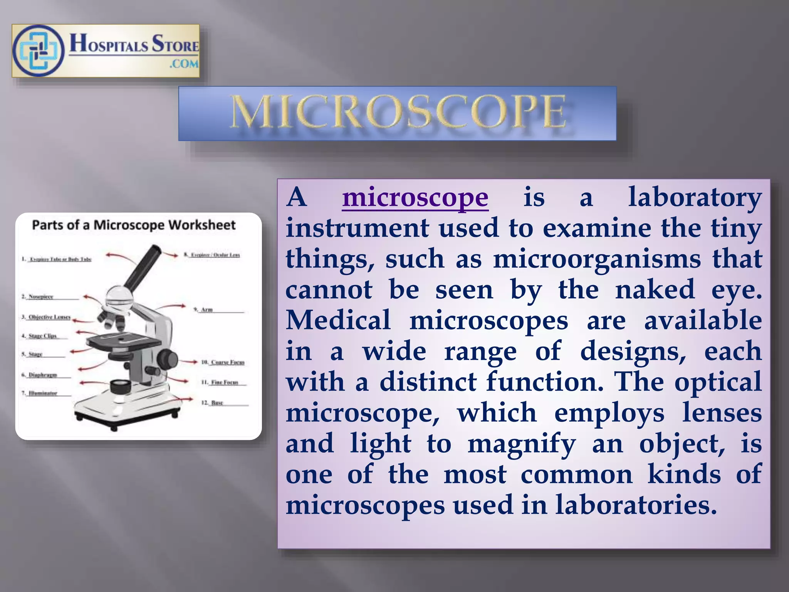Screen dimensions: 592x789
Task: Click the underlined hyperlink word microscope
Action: tap(415, 197)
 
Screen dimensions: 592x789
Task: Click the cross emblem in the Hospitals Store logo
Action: tap(38, 51)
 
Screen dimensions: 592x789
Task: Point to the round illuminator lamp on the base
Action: tap(120, 386)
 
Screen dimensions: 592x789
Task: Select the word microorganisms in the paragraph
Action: tap(597, 259)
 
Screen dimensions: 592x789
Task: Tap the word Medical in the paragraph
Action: tap(338, 321)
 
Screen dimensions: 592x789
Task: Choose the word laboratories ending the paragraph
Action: tap(636, 505)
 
